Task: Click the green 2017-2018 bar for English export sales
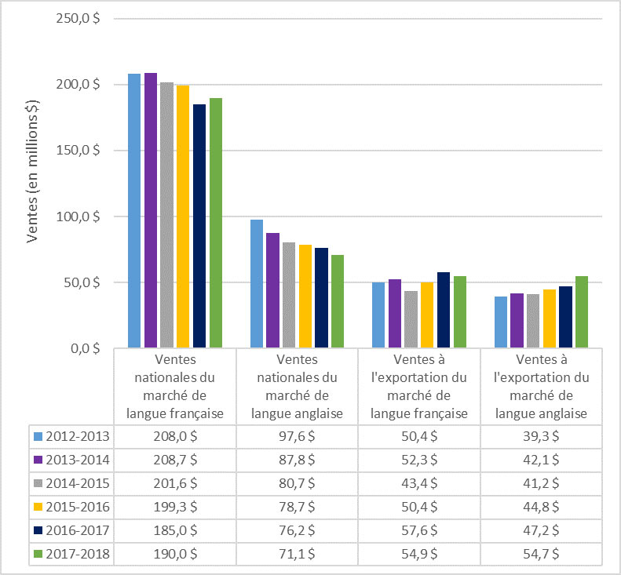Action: pos(582,311)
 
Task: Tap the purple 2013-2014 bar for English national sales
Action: pos(272,290)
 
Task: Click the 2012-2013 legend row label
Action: pos(76,435)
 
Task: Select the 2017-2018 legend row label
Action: pos(76,553)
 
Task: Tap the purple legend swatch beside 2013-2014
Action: pos(38,459)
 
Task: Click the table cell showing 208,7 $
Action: pos(175,459)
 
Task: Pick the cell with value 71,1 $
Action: pos(298,553)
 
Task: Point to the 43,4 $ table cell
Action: pos(419,482)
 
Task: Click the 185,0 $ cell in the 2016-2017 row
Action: pos(175,530)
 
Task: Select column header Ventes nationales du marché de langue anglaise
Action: pos(298,386)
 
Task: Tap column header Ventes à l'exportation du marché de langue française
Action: pos(419,386)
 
